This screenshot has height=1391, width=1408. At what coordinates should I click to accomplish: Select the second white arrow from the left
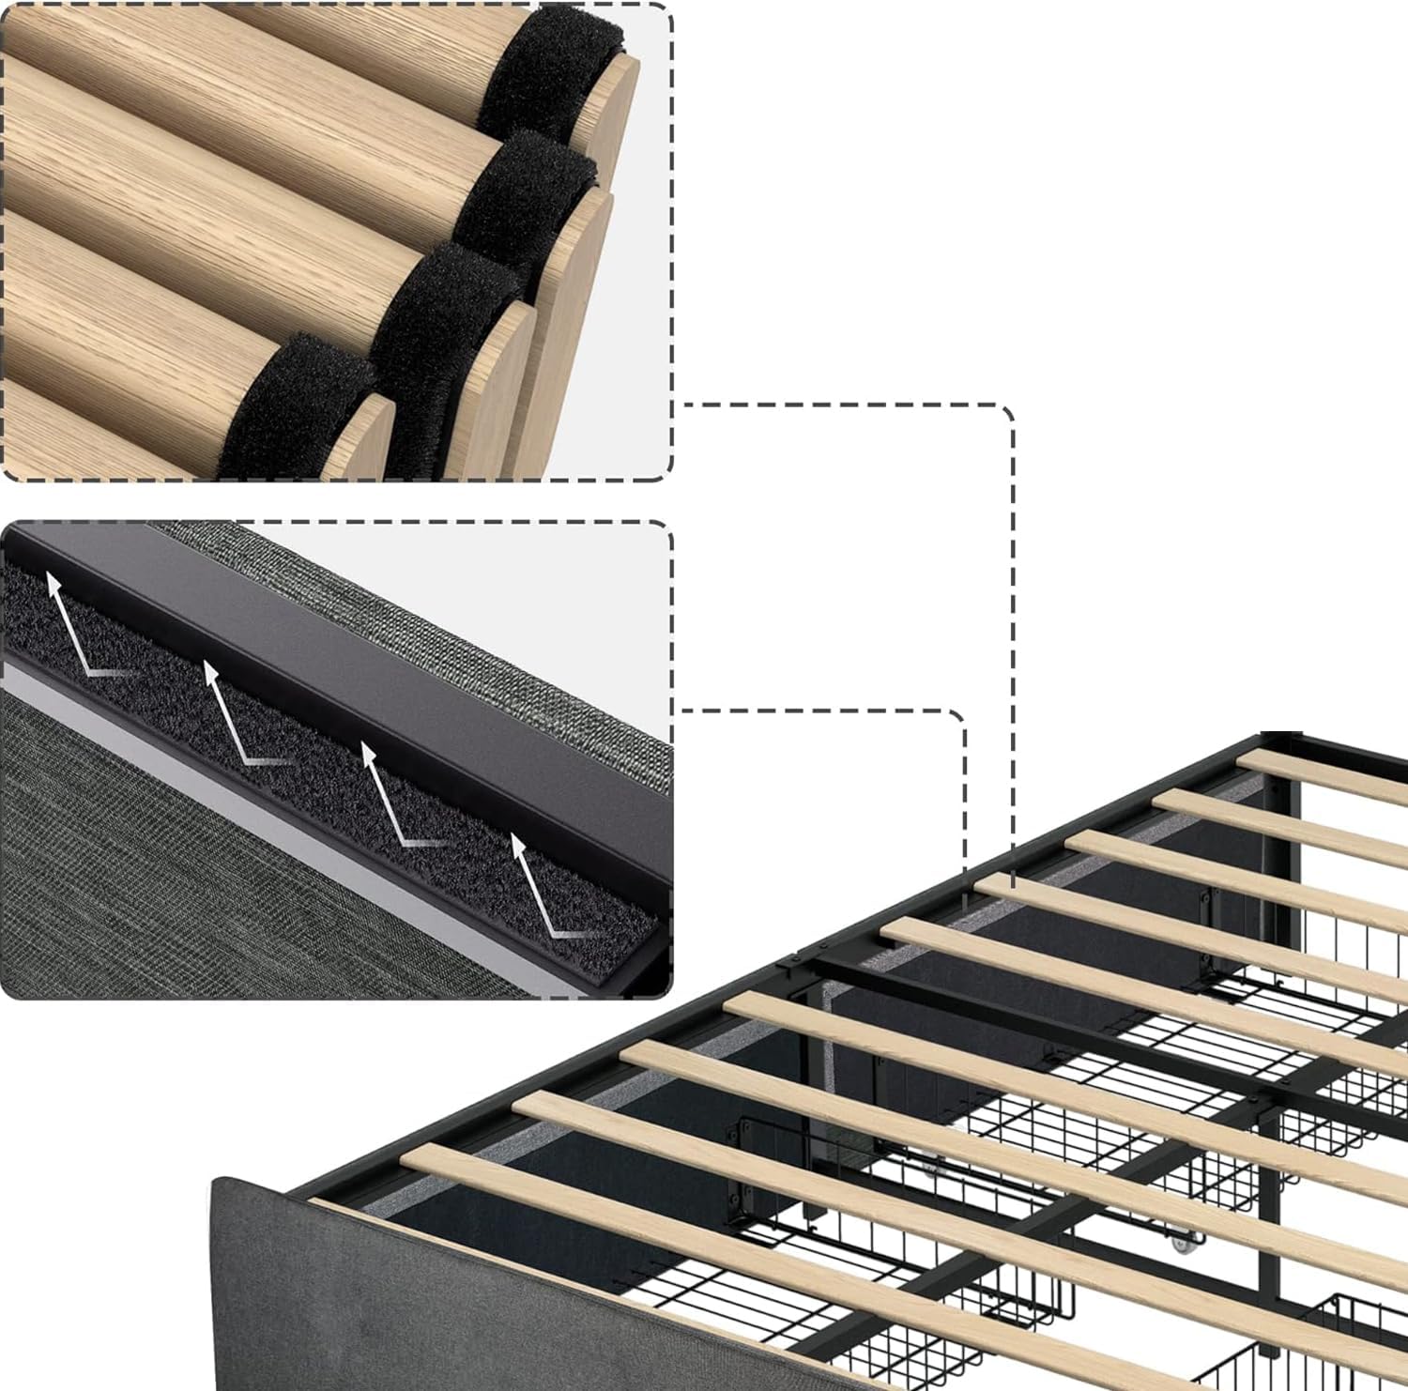[230, 713]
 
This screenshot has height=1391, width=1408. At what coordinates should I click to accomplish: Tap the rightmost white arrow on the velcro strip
[540, 887]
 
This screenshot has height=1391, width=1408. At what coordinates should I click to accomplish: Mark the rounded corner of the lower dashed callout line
[957, 718]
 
